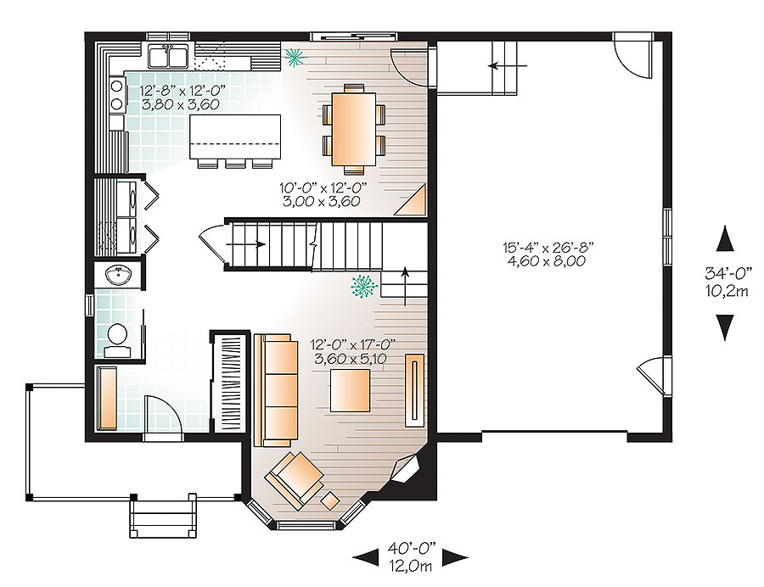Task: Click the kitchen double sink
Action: pos(167,57)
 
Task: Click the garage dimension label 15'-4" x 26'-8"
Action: pos(548,254)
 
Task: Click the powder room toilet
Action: pos(117,338)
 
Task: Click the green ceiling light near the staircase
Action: pos(363,287)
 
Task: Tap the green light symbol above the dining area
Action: pos(295,57)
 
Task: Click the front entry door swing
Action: pos(160,416)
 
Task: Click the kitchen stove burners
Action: pos(116,94)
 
